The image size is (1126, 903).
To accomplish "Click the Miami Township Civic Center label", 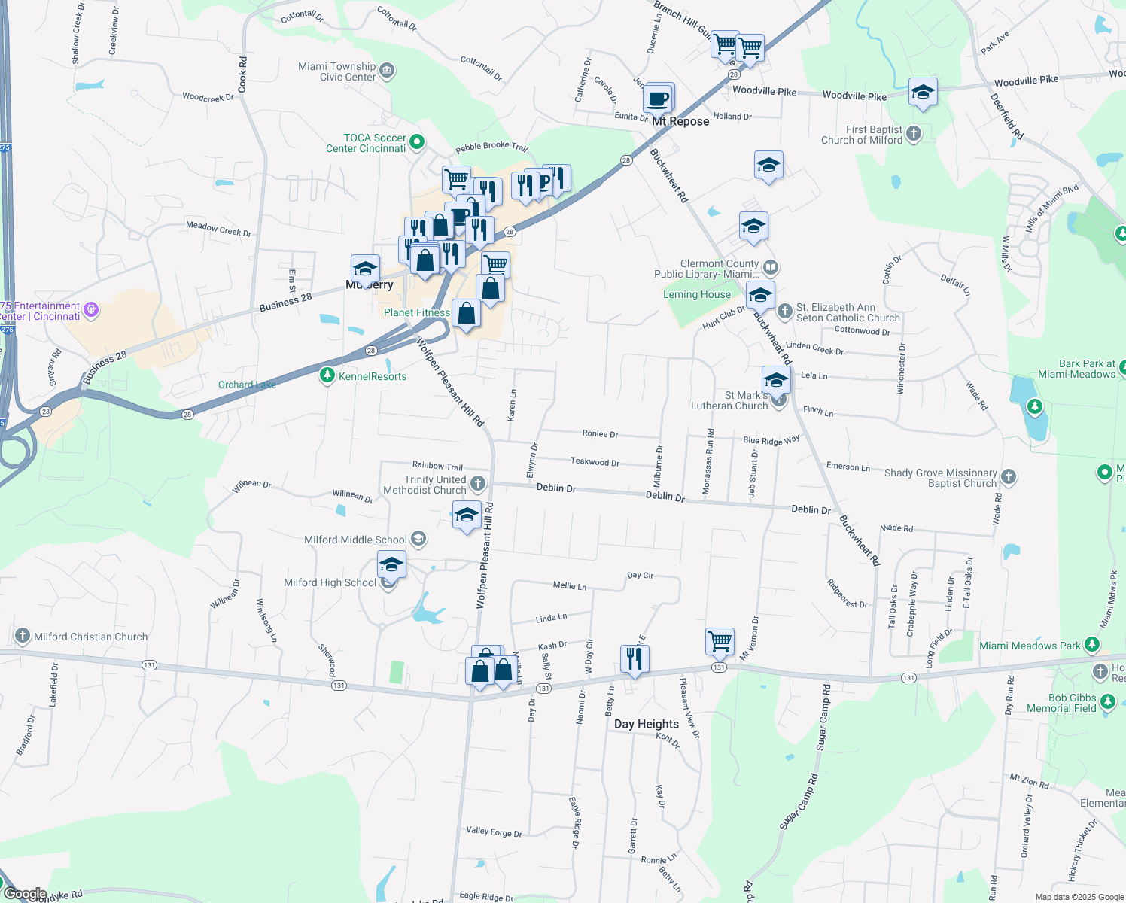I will tap(337, 71).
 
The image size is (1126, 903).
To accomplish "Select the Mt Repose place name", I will tap(680, 121).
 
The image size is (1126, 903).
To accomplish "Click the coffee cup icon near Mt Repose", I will tap(658, 99).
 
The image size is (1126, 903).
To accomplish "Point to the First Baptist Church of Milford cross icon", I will tap(914, 134).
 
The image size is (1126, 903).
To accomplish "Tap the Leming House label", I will tap(696, 294).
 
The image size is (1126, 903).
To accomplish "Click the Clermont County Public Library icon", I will tap(770, 267).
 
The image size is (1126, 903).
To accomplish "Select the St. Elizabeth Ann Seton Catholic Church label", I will tap(848, 312).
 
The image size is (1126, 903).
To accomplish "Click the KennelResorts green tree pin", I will tap(327, 375).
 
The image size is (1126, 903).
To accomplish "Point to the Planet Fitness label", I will tap(417, 312).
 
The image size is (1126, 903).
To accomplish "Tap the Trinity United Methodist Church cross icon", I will tap(477, 483).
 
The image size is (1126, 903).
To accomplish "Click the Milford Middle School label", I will tap(355, 540).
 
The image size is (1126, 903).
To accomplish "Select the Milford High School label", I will tap(330, 582).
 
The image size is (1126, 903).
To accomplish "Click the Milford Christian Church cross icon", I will tap(23, 636).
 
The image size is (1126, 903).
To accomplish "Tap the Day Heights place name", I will tap(646, 724).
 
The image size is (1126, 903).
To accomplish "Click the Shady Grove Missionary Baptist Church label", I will tap(940, 478).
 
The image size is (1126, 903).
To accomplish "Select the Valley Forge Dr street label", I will tap(494, 832).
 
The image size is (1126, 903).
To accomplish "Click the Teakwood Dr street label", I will tap(595, 461).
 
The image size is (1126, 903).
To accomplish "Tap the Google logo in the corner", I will tap(25, 894).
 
